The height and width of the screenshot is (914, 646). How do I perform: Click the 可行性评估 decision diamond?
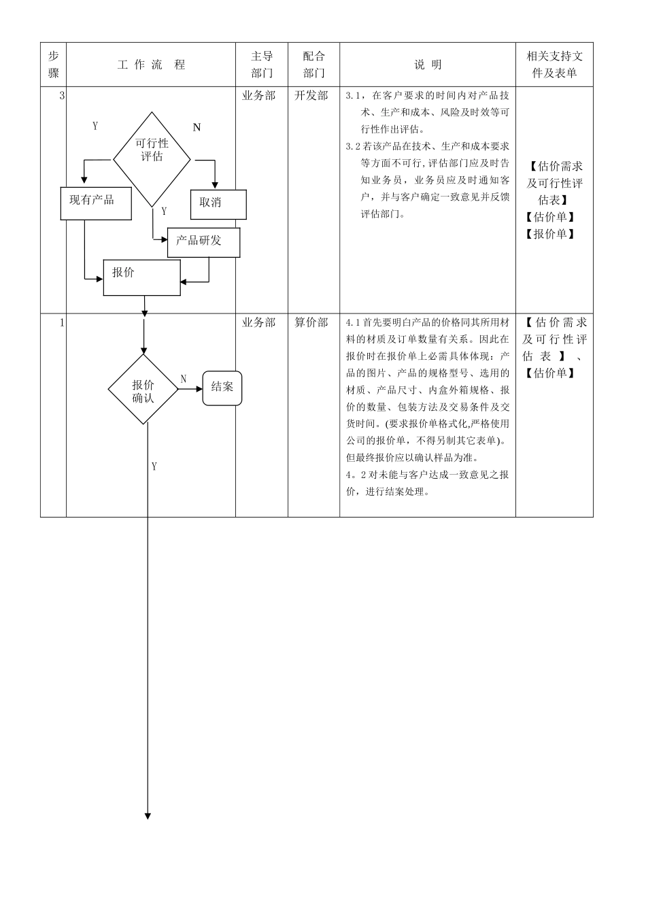click(152, 159)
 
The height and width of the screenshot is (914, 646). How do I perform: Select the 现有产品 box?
click(95, 203)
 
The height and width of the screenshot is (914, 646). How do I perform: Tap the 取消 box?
click(218, 203)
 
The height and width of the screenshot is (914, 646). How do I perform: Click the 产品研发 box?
click(203, 242)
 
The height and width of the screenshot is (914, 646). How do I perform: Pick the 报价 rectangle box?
click(141, 277)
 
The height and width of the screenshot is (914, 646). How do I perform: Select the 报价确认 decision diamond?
click(143, 390)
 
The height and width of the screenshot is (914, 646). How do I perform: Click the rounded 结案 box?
click(222, 388)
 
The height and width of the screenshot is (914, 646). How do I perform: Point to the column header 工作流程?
click(151, 65)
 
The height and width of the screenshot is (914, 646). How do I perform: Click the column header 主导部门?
click(262, 65)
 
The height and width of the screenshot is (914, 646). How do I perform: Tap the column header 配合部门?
click(313, 65)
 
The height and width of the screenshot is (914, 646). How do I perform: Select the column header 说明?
click(428, 65)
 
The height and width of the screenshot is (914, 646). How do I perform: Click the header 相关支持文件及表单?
click(554, 65)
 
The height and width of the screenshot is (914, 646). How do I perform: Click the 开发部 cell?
click(311, 96)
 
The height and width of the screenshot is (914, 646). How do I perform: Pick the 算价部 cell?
click(311, 322)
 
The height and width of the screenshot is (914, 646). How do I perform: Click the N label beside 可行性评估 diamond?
click(197, 127)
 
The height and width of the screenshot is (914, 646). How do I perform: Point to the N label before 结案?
click(184, 379)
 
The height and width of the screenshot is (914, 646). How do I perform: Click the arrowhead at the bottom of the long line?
click(148, 815)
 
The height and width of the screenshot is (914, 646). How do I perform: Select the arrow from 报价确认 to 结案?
click(190, 389)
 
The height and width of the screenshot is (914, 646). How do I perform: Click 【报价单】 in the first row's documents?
click(550, 234)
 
